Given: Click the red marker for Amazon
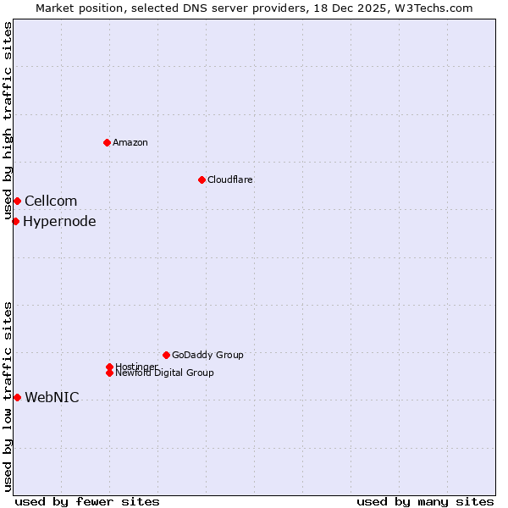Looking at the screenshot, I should (107, 142).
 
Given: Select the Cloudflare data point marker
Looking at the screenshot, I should (202, 179).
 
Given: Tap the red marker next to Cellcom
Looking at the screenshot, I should (17, 201).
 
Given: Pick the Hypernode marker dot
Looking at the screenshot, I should (15, 222).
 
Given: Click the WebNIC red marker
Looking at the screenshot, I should (17, 397).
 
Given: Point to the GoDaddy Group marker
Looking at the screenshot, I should (166, 355).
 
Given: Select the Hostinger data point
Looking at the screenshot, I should (109, 367).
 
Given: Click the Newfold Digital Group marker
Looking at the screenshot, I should (109, 373).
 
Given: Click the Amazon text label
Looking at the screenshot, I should (130, 142).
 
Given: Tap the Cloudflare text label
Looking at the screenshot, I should (230, 179).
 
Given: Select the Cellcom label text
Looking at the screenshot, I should (51, 201).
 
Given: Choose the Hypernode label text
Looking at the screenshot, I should (59, 222).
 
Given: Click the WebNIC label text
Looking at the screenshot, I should (52, 398).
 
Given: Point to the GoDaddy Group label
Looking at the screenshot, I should (207, 355).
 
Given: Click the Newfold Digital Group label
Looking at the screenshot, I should (164, 373).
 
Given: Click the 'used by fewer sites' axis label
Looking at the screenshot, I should (87, 501).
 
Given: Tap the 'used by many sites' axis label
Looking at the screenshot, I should (425, 501).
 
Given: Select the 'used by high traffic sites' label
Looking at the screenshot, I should (8, 120).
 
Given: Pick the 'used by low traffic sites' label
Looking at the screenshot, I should (8, 396).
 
